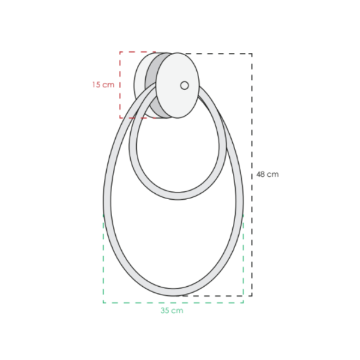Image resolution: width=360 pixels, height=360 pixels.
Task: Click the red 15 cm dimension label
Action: point(103,85)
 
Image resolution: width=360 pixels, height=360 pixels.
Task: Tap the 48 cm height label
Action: point(268,175)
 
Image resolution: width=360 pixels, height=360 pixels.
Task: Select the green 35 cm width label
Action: point(172,311)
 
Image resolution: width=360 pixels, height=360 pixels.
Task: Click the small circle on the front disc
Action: point(185,85)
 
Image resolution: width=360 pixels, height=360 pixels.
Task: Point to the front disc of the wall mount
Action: point(178,85)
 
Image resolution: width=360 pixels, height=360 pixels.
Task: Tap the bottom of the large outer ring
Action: point(173,292)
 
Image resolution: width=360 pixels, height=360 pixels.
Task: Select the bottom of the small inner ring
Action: point(178,196)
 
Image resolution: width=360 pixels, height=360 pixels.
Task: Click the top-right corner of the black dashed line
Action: point(252,54)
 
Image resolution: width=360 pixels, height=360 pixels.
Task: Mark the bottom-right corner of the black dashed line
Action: point(252,296)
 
